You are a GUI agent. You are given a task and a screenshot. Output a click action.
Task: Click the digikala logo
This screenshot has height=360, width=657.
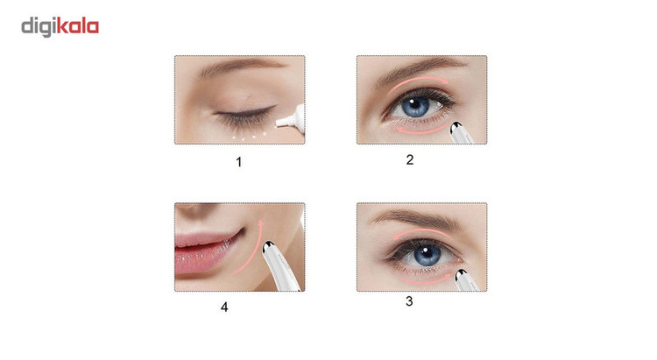60,27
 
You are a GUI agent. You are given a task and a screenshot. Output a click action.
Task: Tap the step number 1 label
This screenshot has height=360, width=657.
239,162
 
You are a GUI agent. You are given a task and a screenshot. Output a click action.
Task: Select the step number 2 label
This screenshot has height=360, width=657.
410,159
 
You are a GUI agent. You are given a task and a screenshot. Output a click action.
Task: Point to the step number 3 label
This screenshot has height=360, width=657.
409,301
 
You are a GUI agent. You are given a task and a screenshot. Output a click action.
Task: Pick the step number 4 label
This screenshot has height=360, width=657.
224,307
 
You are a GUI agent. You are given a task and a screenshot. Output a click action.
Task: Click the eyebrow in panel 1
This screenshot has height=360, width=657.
242,67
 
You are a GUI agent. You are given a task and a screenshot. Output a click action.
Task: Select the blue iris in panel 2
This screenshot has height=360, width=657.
415,106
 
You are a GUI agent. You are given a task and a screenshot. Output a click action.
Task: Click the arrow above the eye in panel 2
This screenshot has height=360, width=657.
418,80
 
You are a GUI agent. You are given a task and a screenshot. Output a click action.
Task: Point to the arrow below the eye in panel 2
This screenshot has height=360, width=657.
421,131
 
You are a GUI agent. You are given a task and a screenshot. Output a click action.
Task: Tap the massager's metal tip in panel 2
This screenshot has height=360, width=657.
456,127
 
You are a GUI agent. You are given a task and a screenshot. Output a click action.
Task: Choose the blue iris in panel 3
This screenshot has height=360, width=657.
426,255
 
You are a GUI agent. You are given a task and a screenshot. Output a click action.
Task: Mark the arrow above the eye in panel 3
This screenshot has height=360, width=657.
422,232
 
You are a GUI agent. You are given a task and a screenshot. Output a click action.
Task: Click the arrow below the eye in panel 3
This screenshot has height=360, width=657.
424,281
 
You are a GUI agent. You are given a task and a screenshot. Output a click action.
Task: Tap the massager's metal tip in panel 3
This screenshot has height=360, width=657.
462,275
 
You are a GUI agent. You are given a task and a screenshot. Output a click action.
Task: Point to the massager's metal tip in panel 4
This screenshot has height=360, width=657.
267,247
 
